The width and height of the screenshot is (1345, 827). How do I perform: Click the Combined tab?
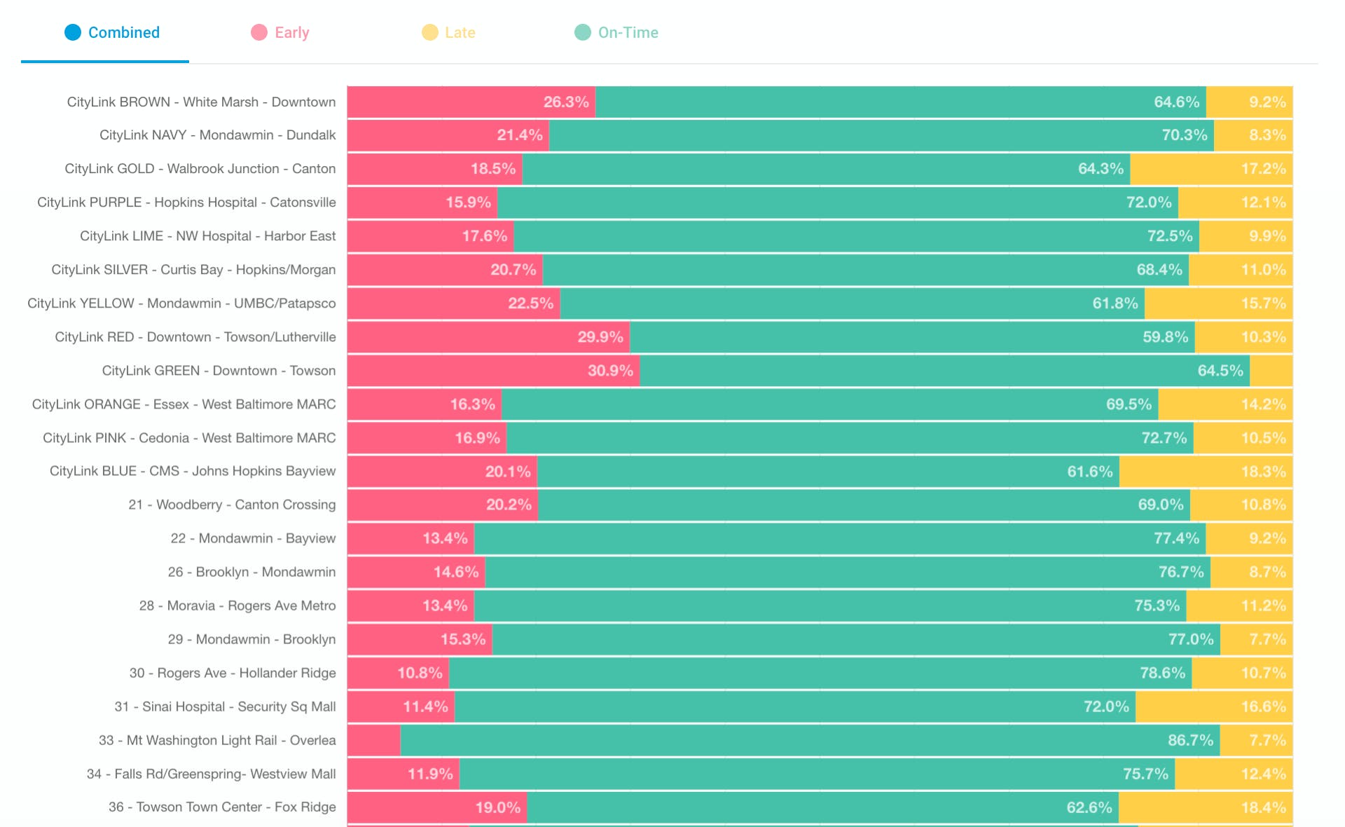click(x=112, y=32)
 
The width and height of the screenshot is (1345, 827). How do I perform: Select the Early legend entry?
click(x=280, y=32)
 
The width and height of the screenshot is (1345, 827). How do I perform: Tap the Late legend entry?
click(x=449, y=32)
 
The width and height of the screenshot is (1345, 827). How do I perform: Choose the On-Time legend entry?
click(x=616, y=32)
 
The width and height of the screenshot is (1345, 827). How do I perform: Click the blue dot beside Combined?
click(x=73, y=32)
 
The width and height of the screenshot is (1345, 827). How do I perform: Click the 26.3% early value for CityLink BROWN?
click(x=566, y=102)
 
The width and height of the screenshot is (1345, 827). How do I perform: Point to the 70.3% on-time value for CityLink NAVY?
click(x=1185, y=135)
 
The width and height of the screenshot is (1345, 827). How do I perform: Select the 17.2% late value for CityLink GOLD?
click(x=1264, y=168)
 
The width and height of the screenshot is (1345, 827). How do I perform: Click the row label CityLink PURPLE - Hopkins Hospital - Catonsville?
click(x=186, y=202)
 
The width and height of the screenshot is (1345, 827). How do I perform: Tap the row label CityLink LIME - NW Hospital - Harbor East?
click(x=208, y=235)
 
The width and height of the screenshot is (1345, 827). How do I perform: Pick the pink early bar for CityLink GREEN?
click(x=493, y=371)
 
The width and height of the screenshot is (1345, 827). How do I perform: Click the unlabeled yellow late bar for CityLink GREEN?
click(x=1271, y=371)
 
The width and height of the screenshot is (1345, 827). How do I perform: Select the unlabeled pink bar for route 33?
click(x=373, y=740)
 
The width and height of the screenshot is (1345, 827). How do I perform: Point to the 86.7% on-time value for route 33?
click(x=1191, y=740)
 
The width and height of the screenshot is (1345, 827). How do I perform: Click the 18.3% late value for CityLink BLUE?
click(x=1264, y=472)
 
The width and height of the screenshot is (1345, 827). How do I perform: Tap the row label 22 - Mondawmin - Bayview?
click(x=253, y=538)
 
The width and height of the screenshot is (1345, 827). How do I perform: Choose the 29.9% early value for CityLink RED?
click(x=600, y=337)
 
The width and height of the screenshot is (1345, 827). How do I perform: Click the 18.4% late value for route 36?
click(x=1264, y=807)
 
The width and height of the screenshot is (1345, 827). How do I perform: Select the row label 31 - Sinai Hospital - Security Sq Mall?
click(x=225, y=706)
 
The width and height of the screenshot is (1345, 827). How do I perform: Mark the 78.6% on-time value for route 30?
click(x=1163, y=673)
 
